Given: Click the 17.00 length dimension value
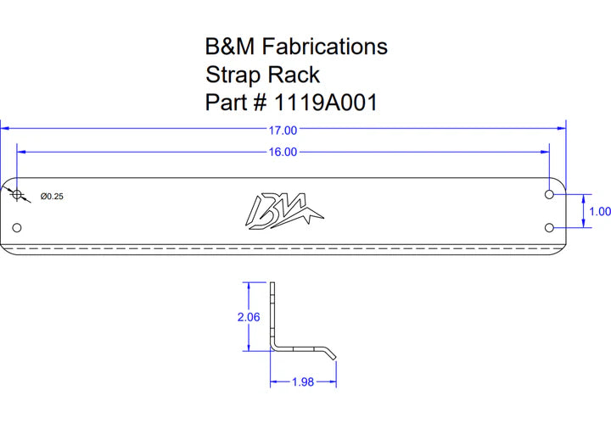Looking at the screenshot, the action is point(283,131).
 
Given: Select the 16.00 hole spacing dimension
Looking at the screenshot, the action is point(283,152).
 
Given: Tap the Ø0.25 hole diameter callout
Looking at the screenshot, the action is point(52,196).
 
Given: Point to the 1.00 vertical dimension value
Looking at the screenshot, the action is point(600,211).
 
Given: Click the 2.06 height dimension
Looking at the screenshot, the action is point(249,317).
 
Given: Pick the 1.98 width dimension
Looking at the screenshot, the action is point(303,382).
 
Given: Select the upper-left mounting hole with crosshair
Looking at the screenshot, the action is point(17,194).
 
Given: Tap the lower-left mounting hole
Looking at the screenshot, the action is point(17,228).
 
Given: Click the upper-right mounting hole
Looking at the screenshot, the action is point(549,194).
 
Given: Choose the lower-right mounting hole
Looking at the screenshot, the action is point(549,228).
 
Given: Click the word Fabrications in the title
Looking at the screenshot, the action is point(324,47).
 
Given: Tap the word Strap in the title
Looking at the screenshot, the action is point(233,75).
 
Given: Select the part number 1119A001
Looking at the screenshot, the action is point(326,103).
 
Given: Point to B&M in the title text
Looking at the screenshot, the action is point(230,47).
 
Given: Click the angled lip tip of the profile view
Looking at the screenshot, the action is point(334,358).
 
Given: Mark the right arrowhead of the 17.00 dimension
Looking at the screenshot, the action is point(562,128).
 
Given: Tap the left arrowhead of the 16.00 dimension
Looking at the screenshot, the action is point(21,152).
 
